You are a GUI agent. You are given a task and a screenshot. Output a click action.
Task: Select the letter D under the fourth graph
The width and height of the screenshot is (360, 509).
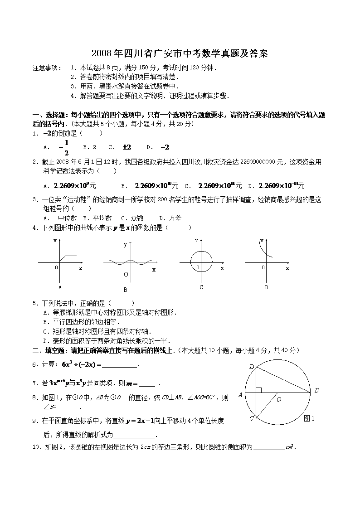click(267, 287)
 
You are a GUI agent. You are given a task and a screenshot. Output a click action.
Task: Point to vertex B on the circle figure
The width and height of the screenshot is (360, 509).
click(316, 390)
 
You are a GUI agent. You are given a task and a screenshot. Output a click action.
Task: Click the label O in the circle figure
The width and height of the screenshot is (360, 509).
click(279, 399)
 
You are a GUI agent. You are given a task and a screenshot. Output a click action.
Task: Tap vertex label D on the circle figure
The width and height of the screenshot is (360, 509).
click(251, 366)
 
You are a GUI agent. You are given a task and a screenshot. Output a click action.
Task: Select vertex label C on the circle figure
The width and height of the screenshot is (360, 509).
click(251, 418)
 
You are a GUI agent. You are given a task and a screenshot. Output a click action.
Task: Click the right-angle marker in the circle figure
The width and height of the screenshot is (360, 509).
click(258, 389)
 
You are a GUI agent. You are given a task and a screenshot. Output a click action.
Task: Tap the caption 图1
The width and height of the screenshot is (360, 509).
click(309, 418)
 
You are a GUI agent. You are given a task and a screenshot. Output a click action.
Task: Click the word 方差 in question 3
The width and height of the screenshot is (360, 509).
click(175, 218)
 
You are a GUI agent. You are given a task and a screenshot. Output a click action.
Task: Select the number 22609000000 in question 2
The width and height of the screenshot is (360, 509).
click(257, 162)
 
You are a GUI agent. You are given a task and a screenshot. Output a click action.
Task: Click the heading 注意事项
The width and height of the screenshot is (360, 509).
click(47, 68)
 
